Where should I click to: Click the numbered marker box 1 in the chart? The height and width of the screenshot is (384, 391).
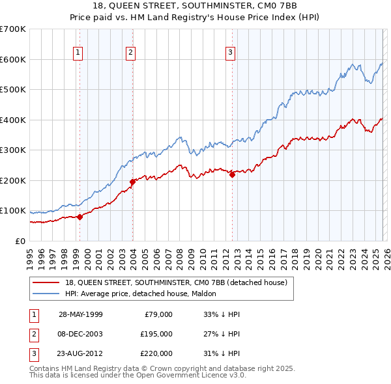[78, 53]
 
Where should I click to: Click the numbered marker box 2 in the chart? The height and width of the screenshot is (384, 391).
[130, 53]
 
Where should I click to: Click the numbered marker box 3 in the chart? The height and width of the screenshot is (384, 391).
[231, 53]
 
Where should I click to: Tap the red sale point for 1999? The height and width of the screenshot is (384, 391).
[80, 217]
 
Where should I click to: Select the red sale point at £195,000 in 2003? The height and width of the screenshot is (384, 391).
[132, 182]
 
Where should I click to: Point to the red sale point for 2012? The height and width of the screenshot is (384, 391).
[232, 174]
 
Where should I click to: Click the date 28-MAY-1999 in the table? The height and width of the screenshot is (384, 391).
[80, 314]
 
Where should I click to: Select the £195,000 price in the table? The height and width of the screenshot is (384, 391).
[156, 334]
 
